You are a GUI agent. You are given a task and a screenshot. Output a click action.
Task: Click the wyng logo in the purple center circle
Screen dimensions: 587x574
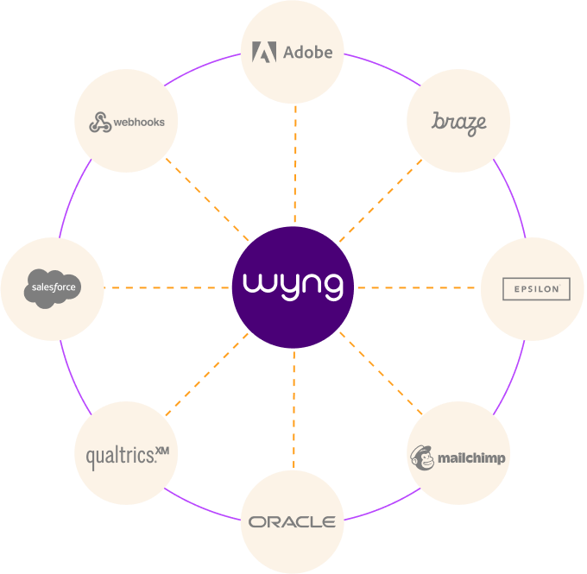coord(293,287)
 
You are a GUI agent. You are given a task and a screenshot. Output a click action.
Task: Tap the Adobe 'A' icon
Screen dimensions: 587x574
coord(264,52)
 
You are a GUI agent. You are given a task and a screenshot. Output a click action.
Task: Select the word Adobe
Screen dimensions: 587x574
coord(307,53)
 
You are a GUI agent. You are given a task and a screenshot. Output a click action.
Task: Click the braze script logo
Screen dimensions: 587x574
coord(459,123)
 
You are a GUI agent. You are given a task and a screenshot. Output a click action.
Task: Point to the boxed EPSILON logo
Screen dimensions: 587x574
coord(536,288)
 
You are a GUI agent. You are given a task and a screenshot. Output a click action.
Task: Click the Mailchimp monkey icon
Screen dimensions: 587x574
coord(422,457)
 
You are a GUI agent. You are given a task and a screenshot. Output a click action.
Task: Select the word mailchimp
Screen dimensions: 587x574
coord(471,458)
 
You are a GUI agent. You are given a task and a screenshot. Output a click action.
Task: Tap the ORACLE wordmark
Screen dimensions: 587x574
coord(292,522)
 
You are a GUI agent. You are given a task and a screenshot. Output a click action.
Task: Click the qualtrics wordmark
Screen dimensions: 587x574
coord(120,457)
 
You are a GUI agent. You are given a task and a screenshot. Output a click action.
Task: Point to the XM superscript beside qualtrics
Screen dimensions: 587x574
coord(162,451)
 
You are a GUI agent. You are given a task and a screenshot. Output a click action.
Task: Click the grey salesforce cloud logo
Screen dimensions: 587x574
coord(53,288)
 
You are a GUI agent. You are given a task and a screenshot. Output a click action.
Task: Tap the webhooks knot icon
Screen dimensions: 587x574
coord(100,122)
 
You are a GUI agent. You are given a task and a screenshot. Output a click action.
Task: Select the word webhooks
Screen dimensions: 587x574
coord(139,123)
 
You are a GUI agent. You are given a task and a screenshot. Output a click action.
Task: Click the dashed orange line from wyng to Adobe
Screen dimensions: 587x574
coord(295,165)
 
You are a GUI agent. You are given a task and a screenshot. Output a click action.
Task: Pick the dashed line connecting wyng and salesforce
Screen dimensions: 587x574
coord(167,287)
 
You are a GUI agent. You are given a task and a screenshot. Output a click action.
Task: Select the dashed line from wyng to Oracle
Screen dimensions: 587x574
coord(293,410)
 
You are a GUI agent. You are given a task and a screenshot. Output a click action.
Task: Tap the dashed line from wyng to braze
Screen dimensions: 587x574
coord(381,201)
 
